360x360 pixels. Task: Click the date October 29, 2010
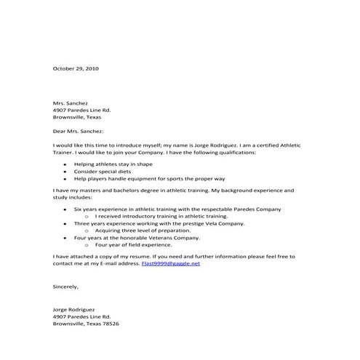pyautogui.click(x=76, y=68)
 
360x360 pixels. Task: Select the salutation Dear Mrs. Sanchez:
pyautogui.click(x=79, y=132)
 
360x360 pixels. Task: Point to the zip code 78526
pyautogui.click(x=110, y=323)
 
